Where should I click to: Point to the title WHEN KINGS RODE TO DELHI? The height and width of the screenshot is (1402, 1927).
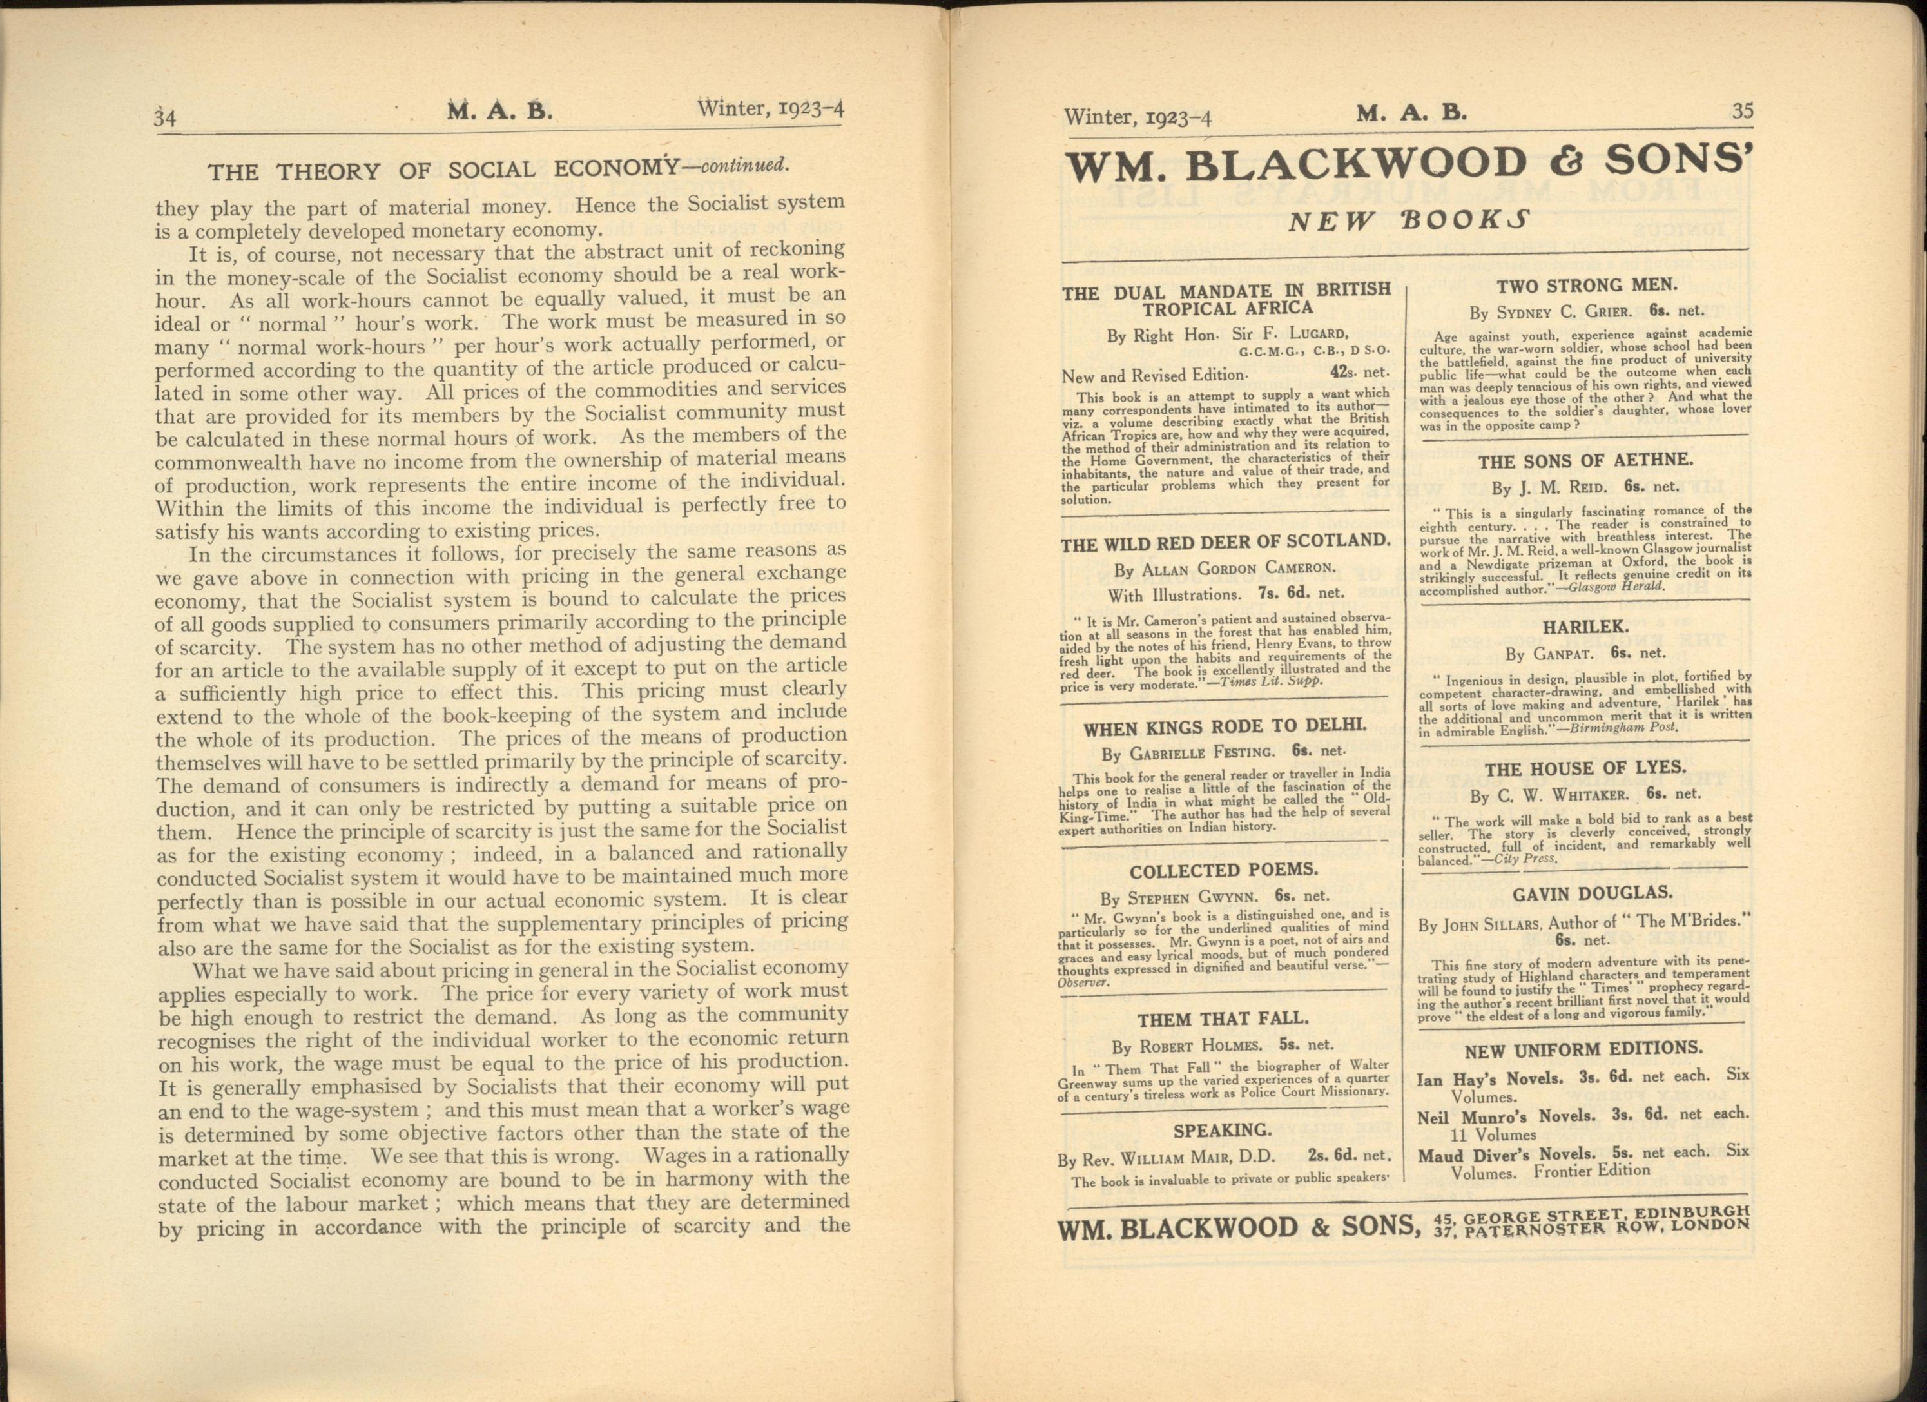point(1225,726)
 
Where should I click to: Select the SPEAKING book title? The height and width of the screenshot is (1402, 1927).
point(1223,1130)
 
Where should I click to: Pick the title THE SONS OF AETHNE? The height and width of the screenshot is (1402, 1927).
point(1585,462)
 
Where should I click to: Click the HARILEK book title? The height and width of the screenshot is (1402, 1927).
point(1585,627)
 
